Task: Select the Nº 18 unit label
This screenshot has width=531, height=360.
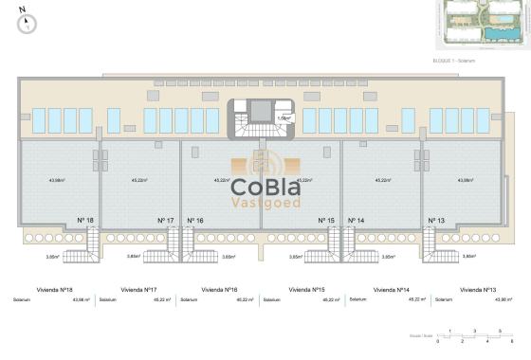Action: click(85, 221)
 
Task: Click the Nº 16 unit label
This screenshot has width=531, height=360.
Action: click(196, 221)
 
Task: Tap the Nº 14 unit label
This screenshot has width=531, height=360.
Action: click(357, 221)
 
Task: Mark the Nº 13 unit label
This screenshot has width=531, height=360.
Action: click(437, 221)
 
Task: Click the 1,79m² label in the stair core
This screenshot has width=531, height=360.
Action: click(282, 118)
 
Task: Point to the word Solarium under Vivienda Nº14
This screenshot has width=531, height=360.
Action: click(357, 299)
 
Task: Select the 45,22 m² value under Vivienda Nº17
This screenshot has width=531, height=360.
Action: click(162, 299)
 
